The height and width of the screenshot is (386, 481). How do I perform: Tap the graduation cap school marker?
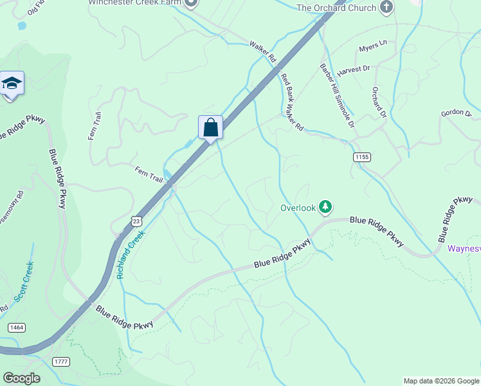[x=12, y=84]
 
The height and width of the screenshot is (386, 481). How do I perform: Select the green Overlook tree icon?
[x=326, y=207]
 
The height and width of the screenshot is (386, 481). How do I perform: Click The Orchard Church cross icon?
[x=386, y=8]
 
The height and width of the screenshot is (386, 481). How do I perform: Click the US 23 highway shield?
[x=136, y=221]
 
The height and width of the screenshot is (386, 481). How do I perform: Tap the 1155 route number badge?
[x=362, y=157]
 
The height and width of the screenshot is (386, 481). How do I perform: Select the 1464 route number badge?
[x=17, y=327]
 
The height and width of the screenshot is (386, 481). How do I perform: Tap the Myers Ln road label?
[x=374, y=48]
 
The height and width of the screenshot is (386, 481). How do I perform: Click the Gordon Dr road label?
[x=456, y=113]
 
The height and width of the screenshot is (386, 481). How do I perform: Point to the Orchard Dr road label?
[x=378, y=103]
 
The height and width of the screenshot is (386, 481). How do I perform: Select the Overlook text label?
[x=298, y=208]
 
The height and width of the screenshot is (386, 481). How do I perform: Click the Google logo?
[x=21, y=378]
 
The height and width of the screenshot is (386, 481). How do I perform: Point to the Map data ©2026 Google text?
[x=440, y=381]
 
